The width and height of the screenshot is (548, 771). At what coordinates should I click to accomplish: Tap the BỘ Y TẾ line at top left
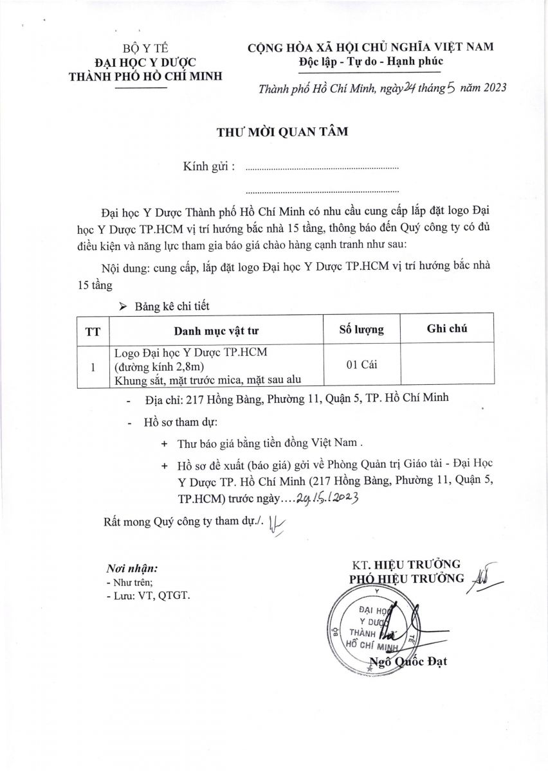click(x=145, y=48)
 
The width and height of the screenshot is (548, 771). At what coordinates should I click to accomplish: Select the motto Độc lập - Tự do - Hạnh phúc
click(x=370, y=61)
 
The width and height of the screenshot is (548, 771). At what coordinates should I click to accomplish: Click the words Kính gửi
click(x=208, y=166)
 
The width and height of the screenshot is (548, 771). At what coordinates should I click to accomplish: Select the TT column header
click(x=93, y=331)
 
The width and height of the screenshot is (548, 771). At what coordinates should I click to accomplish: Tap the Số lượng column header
click(x=361, y=330)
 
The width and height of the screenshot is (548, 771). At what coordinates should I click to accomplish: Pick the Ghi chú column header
click(x=447, y=329)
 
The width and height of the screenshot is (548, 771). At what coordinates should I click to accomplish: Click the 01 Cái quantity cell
click(x=361, y=365)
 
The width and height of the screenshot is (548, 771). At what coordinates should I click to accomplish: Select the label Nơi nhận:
click(x=131, y=569)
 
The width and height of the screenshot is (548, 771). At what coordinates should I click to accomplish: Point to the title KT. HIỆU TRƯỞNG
click(x=406, y=565)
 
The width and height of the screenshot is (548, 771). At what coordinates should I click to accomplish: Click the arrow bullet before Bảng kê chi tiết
click(x=123, y=307)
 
